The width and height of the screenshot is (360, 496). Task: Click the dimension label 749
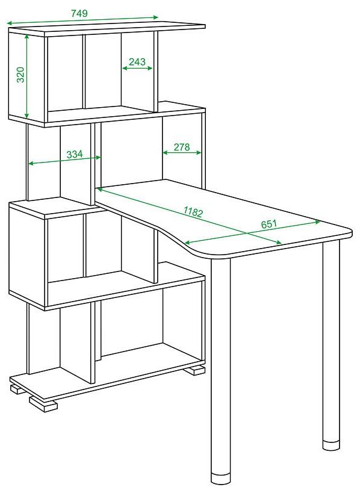(x=79, y=13)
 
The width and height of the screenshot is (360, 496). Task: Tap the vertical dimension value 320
(x=20, y=75)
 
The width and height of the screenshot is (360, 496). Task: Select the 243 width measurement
(x=137, y=61)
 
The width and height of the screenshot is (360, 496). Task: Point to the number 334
(x=75, y=154)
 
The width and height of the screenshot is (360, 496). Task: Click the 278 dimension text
(x=182, y=147)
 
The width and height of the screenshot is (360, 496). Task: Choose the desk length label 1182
(x=193, y=212)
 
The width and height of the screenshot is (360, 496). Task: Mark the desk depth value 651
(x=269, y=224)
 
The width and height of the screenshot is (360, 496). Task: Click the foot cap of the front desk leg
(x=221, y=479)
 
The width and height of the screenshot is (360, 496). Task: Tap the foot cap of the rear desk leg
(x=331, y=445)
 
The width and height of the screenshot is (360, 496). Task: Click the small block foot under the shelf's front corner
(x=43, y=404)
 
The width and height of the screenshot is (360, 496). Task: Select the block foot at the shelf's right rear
(x=194, y=370)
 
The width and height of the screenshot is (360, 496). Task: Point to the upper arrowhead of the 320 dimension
(x=27, y=37)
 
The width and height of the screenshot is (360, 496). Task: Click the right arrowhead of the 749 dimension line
(x=155, y=17)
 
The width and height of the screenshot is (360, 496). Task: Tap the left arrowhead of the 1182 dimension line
(x=100, y=189)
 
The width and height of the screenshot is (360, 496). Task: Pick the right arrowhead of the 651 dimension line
(x=317, y=222)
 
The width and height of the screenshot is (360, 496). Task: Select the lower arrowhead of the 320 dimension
(x=27, y=116)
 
